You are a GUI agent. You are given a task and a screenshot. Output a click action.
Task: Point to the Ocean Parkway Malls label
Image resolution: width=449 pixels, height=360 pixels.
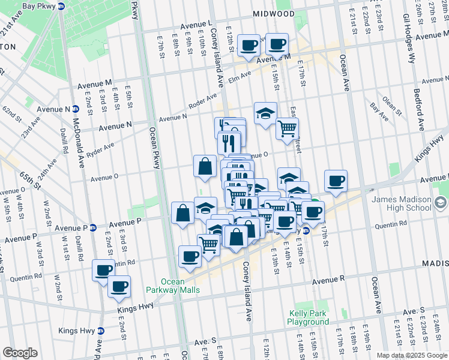(180, 286)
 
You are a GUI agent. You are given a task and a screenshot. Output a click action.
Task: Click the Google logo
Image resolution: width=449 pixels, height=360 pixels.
(20, 353)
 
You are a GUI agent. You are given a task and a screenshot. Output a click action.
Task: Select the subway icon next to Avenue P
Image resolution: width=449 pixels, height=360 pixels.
(93, 227)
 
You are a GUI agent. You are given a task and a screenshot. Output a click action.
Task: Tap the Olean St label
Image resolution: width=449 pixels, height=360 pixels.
(392, 104)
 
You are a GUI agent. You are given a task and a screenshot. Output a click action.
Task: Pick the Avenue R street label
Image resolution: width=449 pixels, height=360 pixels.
(328, 279)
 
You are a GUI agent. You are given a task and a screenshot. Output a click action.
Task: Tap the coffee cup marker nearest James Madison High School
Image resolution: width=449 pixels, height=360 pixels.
(336, 182)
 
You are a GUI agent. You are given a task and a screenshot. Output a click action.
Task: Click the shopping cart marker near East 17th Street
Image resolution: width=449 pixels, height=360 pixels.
(288, 128)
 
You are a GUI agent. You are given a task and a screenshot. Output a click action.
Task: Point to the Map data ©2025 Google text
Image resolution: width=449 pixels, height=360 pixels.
(412, 355)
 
